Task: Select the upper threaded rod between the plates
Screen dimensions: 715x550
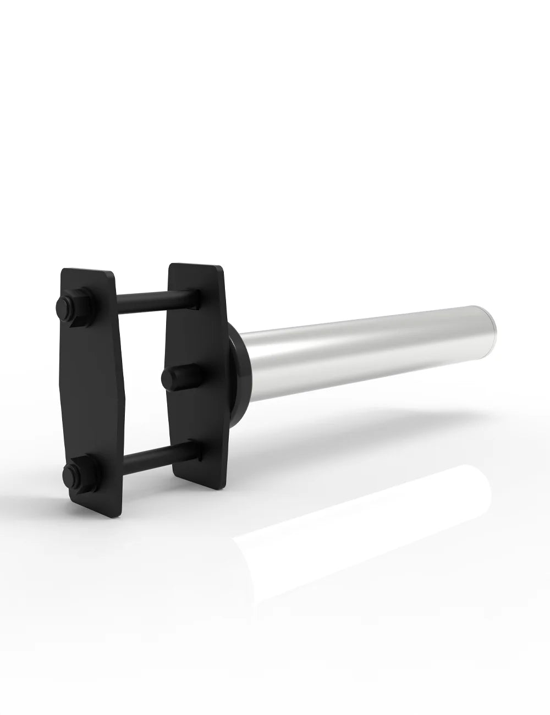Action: (x=154, y=300)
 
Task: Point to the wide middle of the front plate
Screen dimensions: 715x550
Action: (x=94, y=391)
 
